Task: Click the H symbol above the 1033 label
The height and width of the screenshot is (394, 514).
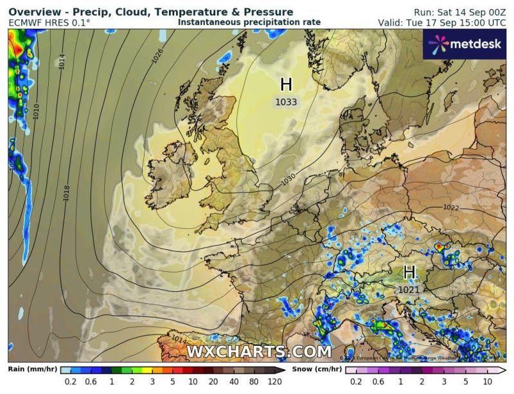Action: point(287,85)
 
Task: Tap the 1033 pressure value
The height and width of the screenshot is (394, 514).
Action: point(287,102)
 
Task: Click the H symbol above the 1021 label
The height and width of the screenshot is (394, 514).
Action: point(409,273)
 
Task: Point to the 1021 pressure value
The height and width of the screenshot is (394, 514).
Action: point(409,289)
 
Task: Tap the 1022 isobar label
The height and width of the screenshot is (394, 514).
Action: point(451,207)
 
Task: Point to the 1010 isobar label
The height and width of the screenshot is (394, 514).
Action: point(37,109)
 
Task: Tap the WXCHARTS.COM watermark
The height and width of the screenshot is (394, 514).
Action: point(259,352)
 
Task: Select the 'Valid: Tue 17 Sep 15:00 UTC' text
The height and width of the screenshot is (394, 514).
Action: point(442,22)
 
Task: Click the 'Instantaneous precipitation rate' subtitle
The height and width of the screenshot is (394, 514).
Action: point(249,22)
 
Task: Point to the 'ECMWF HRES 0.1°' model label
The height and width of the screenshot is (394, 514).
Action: point(50,23)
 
